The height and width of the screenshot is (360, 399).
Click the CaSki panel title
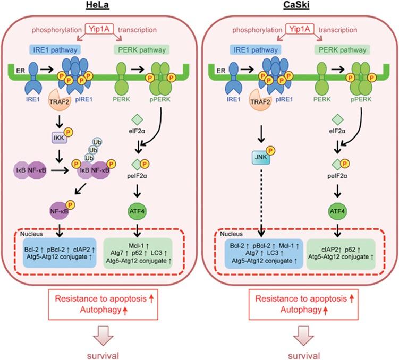click(301, 6)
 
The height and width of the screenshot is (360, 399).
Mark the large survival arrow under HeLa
click(98, 332)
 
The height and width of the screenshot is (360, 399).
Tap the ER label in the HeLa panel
click(16, 69)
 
